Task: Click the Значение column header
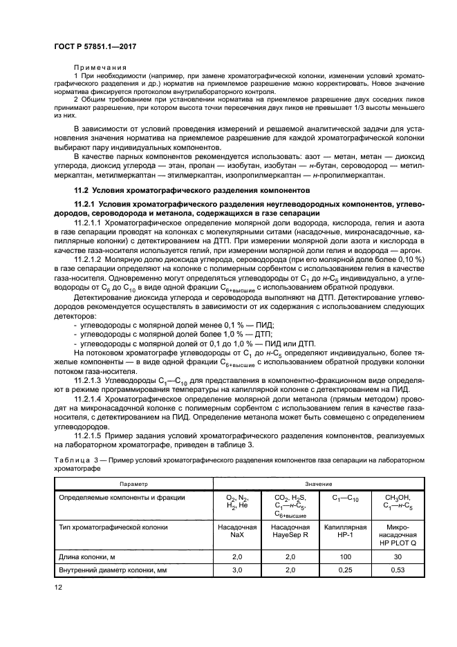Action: tap(319, 484)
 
